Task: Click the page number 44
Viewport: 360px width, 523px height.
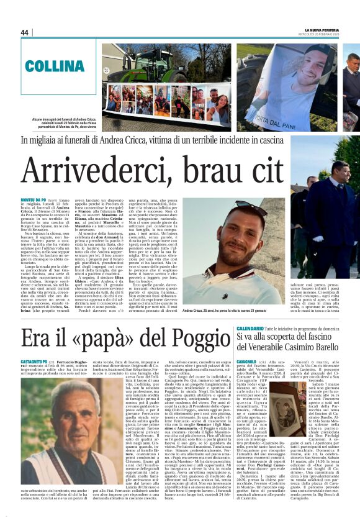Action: click(x=25, y=32)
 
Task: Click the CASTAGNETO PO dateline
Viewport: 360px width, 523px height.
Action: click(x=36, y=360)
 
